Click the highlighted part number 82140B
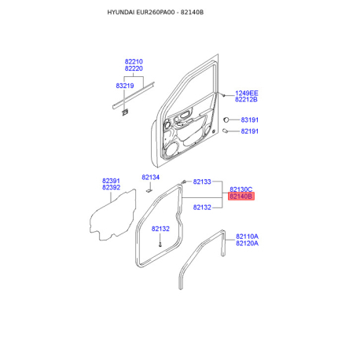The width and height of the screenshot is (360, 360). click(241, 197)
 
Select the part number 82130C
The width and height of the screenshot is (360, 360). click(241, 189)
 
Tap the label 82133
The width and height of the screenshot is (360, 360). click(202, 182)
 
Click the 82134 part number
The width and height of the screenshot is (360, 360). click(150, 178)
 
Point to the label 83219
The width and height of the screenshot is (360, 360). click(125, 86)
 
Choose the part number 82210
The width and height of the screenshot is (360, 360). click(134, 61)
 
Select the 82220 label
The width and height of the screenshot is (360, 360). click(134, 68)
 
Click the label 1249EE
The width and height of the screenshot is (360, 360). click(247, 93)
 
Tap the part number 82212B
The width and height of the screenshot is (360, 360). click(246, 100)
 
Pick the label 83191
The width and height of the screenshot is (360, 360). click(250, 119)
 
